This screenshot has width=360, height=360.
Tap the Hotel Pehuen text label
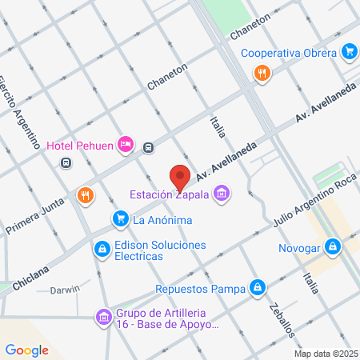click(x=80, y=145)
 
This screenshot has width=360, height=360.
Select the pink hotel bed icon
click(x=125, y=144)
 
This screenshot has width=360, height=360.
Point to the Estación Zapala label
click(x=170, y=194)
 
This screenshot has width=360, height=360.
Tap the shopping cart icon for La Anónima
click(x=121, y=218)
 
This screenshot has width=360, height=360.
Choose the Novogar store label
click(x=299, y=248)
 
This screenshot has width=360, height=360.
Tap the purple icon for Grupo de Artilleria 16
click(x=102, y=318)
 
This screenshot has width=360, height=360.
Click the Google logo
click(x=27, y=350)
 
